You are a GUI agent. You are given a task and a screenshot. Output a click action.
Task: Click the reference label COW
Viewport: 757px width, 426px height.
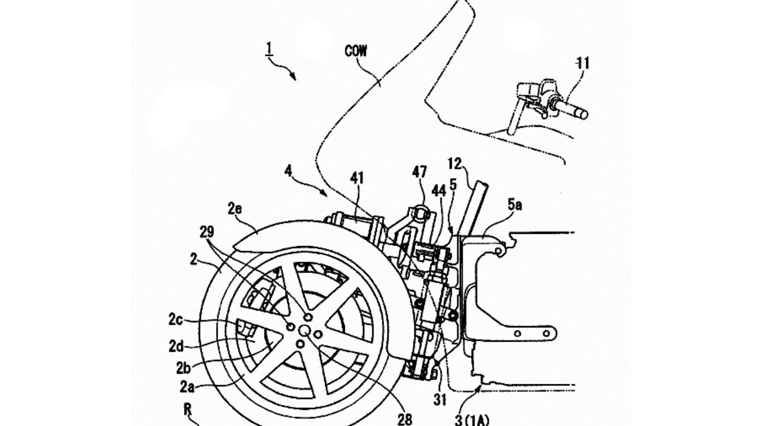point(355,52)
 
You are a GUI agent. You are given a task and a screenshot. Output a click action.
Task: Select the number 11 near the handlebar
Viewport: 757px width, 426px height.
point(582,63)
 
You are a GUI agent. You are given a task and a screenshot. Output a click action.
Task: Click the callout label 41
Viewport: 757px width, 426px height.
point(357,178)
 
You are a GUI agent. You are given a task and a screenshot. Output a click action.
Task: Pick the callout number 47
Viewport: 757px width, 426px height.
point(420,172)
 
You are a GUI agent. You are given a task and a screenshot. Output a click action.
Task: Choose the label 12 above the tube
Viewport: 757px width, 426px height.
point(455,164)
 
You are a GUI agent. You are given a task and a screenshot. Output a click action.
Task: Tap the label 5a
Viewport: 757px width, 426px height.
point(514,205)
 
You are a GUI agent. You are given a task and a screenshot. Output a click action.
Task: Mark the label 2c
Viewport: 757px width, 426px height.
point(176,320)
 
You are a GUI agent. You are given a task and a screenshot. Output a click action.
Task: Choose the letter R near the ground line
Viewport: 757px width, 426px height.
point(188,410)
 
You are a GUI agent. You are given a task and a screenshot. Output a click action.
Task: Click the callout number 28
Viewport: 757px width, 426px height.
point(405,419)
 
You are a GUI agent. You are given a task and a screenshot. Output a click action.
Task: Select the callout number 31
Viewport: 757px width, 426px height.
point(440,400)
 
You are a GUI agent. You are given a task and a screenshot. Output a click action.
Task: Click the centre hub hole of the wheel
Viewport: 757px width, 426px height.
point(304,330)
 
